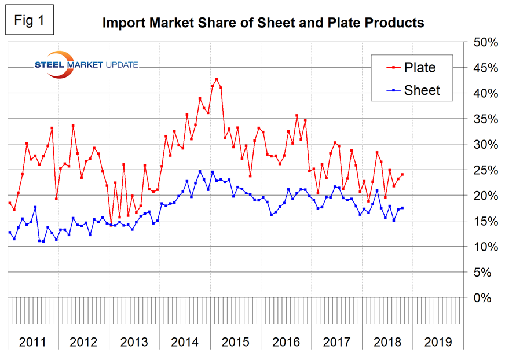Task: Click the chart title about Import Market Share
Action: click(x=263, y=23)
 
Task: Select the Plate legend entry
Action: click(x=411, y=68)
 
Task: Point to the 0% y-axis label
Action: click(x=483, y=297)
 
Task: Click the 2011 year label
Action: click(x=32, y=341)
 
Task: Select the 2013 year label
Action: click(x=134, y=341)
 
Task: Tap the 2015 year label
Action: click(x=235, y=341)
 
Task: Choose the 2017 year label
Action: click(x=336, y=341)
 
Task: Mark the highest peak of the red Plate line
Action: click(x=217, y=79)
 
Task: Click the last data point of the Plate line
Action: click(x=402, y=175)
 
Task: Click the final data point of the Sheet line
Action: click(x=402, y=208)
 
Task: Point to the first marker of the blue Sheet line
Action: click(x=9, y=232)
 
